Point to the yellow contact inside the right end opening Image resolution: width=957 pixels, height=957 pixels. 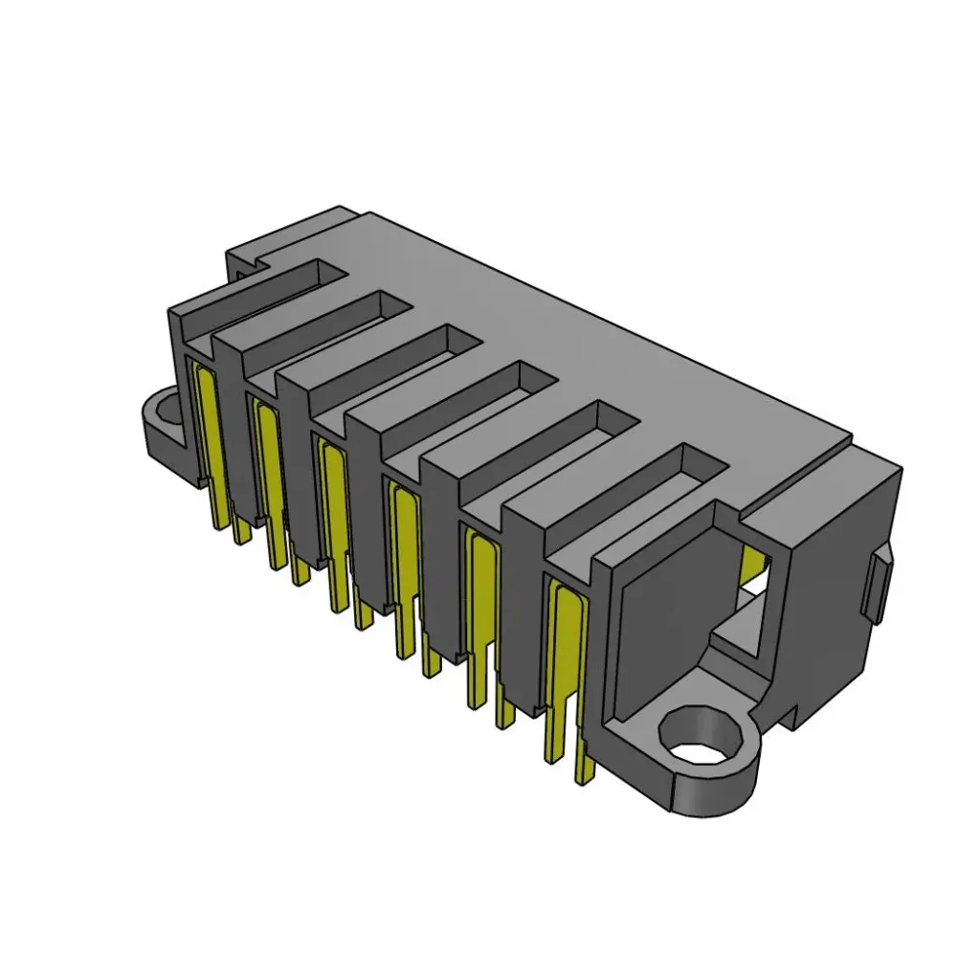click(756, 565)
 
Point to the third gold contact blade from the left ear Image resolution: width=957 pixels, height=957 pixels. click(334, 498)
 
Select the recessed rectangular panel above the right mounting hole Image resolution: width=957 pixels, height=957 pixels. click(660, 603)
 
